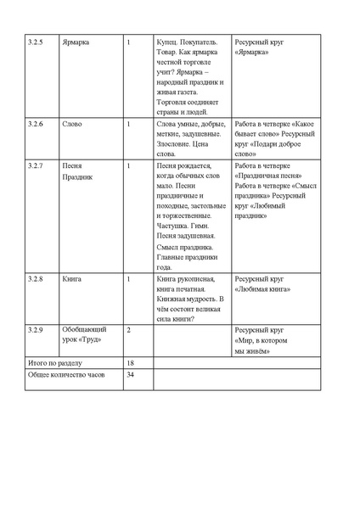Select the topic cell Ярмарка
[76, 41]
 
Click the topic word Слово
[72, 124]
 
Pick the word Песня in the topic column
[72, 165]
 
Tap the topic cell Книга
[71, 278]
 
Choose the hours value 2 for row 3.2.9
[128, 327]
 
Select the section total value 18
[130, 361]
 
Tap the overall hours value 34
[130, 374]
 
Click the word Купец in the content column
[170, 41]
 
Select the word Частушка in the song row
[177, 227]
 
